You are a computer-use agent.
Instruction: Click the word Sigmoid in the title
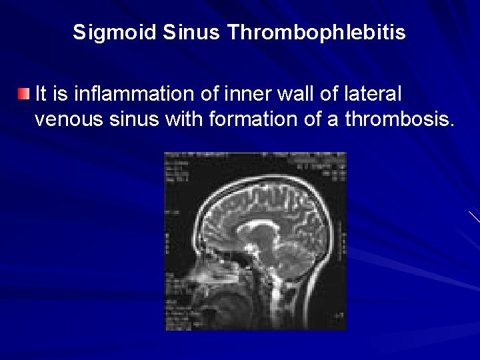(114, 32)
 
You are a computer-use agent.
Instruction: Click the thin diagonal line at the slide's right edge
(474, 217)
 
